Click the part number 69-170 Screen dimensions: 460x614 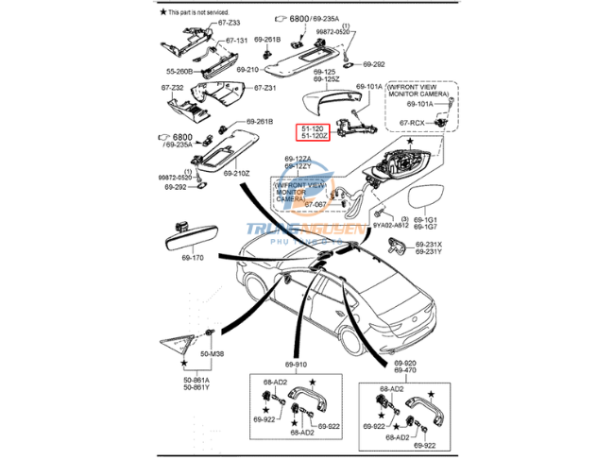tap(192, 257)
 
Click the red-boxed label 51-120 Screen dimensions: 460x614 tap(314, 128)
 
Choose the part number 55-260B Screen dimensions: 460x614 tap(179, 71)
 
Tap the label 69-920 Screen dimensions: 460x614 tap(404, 364)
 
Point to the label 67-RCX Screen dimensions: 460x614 tap(412, 123)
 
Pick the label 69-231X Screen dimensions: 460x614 tap(428, 245)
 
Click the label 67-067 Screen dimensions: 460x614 tap(316, 204)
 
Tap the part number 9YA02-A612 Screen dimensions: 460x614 tap(390, 226)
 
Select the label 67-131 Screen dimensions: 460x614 tap(236, 41)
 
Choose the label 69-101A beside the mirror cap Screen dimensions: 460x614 tap(369, 87)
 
